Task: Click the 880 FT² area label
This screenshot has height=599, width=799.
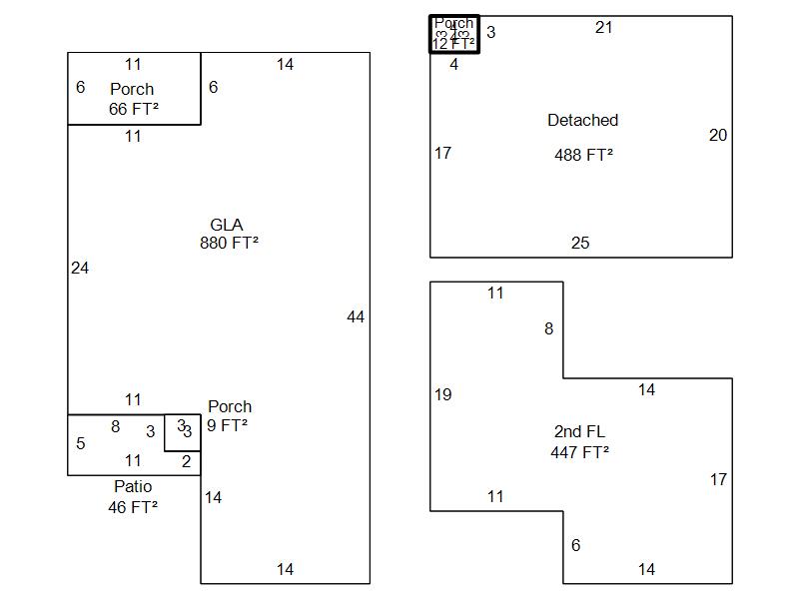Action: (x=229, y=243)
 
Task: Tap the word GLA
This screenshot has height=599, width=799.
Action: (x=227, y=225)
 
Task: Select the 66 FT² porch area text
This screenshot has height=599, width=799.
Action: (x=133, y=108)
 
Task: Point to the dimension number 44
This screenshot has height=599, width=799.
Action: (x=356, y=316)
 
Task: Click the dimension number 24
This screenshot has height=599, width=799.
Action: (x=80, y=268)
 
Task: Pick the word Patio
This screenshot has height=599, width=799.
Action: (x=133, y=486)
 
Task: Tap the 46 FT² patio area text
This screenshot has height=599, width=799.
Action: (x=133, y=506)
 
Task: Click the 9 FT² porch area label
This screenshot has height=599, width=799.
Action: (x=228, y=424)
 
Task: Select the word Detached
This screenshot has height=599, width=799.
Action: (x=582, y=120)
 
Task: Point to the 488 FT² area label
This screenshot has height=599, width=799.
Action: (x=583, y=155)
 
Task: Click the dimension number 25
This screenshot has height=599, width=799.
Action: (x=580, y=243)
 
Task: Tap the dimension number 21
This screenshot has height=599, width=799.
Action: (x=604, y=27)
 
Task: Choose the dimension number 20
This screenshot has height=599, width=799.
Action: (x=718, y=135)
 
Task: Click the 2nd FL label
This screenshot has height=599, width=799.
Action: (x=579, y=431)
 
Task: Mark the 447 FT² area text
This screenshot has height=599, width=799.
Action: (x=579, y=451)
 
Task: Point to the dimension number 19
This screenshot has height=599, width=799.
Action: (x=442, y=394)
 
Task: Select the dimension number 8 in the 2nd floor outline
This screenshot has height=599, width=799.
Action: (x=548, y=328)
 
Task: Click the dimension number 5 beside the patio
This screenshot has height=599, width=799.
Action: (x=81, y=443)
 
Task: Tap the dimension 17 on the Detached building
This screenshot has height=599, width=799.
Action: (x=442, y=153)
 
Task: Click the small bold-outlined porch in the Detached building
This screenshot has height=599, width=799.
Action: (x=454, y=34)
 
